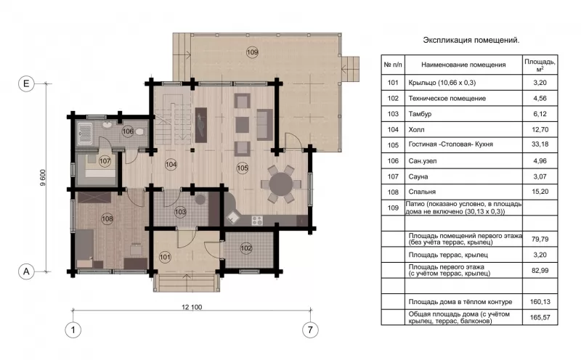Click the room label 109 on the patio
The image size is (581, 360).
(x=252, y=52)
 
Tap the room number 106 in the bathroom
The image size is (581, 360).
(x=128, y=131)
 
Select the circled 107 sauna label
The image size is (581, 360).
(x=105, y=161)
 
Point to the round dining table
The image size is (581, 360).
(x=281, y=184)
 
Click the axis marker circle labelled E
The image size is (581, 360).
(x=26, y=83)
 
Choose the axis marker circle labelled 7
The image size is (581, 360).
(x=310, y=330)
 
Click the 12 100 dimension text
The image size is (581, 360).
(x=192, y=307)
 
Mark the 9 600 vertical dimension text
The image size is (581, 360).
(x=43, y=178)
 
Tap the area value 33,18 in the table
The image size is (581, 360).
(x=540, y=144)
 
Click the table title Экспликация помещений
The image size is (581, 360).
(x=471, y=40)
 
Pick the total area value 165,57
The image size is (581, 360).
(x=540, y=317)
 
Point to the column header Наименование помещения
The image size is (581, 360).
(x=463, y=65)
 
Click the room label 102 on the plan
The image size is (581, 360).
(x=246, y=248)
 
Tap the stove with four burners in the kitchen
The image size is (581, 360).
(x=257, y=221)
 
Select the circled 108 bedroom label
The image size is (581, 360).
(x=107, y=218)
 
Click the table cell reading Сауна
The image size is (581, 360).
(x=418, y=176)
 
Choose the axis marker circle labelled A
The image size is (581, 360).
(x=26, y=271)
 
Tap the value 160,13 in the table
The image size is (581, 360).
(x=540, y=302)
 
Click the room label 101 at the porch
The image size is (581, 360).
(x=165, y=257)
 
